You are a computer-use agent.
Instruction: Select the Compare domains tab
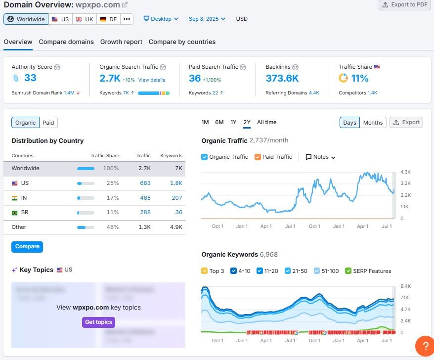coord(66,42)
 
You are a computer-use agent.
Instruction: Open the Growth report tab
coord(121,42)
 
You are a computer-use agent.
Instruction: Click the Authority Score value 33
coord(30,78)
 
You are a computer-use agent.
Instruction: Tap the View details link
coord(151,80)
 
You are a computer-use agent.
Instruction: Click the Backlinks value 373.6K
coord(282,78)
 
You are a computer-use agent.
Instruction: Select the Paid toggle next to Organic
coord(48,123)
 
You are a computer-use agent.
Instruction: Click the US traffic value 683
coord(145,183)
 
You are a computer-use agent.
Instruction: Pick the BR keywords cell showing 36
coord(178,212)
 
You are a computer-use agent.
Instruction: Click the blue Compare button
coord(27,247)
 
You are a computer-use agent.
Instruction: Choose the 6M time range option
coord(219,123)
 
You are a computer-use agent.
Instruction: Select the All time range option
coord(267,123)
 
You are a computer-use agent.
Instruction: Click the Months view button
coord(373,123)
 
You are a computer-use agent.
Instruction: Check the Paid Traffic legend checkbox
coord(258,157)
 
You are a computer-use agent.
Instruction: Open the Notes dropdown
coord(321,157)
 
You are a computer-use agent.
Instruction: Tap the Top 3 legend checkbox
coord(205,271)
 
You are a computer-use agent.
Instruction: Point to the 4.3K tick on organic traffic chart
coord(405,172)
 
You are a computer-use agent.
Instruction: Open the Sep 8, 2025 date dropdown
coord(207,19)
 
